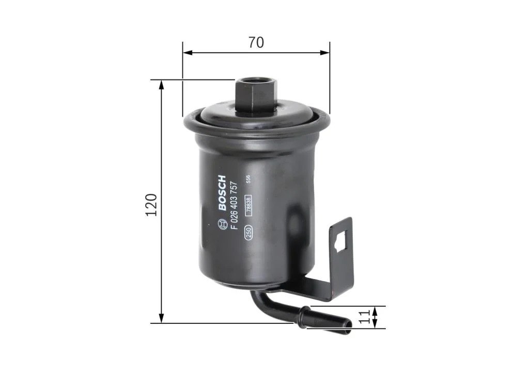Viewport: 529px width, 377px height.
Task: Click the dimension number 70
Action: click(x=256, y=42)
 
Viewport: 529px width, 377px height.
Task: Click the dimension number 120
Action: click(x=151, y=205)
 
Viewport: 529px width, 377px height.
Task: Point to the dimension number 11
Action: click(x=366, y=317)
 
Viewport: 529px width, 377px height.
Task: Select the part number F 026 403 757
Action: click(x=234, y=205)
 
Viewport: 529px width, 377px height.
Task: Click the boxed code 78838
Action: click(x=248, y=205)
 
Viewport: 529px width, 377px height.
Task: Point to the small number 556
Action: click(x=248, y=179)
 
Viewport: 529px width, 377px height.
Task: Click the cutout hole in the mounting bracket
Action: click(x=340, y=241)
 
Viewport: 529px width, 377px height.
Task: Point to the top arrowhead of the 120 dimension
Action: click(x=162, y=84)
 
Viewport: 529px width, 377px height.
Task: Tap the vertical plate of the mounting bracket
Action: click(x=341, y=258)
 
